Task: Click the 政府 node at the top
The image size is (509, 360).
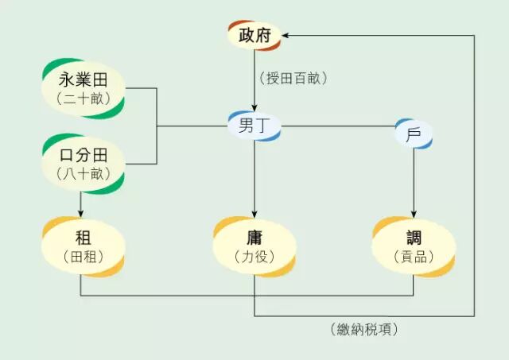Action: tap(254, 36)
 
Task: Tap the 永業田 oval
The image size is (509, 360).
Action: tap(84, 87)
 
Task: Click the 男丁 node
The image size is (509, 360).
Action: tap(254, 126)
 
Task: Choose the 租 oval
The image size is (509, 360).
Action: tap(84, 246)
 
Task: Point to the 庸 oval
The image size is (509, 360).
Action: tap(254, 246)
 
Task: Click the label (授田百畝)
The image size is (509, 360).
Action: tap(293, 78)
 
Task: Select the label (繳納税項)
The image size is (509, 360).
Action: tap(364, 328)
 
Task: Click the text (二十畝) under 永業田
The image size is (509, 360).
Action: tap(84, 99)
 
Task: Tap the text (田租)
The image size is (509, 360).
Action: tap(84, 257)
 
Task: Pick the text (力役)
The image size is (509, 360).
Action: tap(254, 257)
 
